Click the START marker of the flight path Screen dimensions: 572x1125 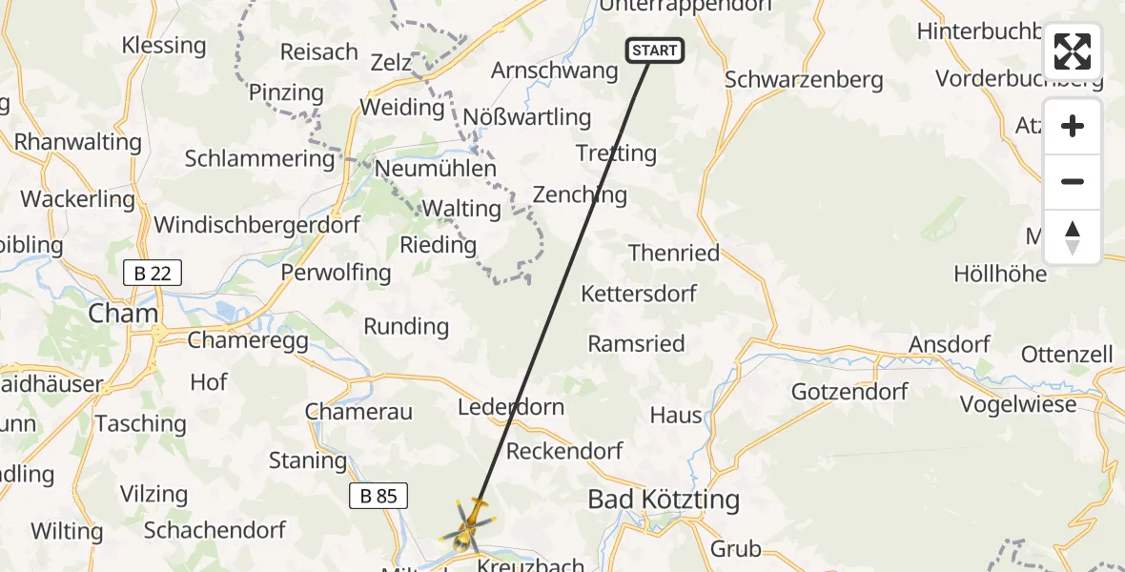[x=654, y=51]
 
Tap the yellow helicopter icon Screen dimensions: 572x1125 [x=467, y=525]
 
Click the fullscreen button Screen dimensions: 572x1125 [x=1072, y=51]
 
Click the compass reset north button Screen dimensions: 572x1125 [x=1072, y=237]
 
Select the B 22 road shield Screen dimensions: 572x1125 [x=153, y=274]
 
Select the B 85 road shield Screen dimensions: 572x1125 [x=378, y=496]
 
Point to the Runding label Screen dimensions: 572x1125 [x=406, y=326]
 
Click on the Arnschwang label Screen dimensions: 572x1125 [x=554, y=71]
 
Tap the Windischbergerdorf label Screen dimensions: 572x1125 [x=257, y=225]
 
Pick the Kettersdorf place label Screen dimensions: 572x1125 [x=639, y=294]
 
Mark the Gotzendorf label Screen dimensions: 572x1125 [x=849, y=391]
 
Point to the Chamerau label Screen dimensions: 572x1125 [x=358, y=412]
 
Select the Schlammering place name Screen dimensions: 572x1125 [x=259, y=158]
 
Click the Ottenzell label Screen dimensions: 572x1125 [x=1067, y=355]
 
